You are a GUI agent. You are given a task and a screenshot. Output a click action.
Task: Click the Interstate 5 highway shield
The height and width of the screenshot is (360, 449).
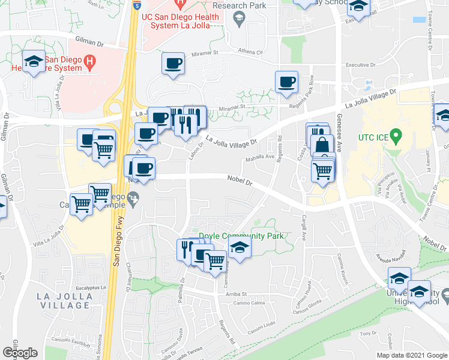[137, 5]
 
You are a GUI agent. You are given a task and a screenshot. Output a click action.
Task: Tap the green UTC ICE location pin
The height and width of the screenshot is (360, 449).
[395, 136]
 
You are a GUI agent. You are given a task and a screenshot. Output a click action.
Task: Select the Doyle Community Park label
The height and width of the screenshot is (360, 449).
[241, 236]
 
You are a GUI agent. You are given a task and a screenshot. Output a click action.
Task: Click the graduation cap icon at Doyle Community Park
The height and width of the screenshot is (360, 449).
[240, 247]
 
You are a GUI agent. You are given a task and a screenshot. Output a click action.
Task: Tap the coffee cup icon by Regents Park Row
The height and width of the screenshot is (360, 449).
[286, 82]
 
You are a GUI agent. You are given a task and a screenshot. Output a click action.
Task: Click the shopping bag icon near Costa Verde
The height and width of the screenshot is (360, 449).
[322, 145]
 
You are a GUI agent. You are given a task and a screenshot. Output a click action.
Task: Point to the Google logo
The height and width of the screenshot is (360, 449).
[20, 353]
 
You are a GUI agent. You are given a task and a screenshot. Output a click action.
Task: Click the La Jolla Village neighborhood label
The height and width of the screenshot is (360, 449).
[64, 301]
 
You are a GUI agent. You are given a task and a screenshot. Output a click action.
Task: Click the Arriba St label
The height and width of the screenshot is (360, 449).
[237, 295]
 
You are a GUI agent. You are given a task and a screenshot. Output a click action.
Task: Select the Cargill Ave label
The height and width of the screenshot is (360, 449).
[304, 227]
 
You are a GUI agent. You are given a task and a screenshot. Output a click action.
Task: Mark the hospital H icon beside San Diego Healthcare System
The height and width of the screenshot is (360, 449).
[89, 61]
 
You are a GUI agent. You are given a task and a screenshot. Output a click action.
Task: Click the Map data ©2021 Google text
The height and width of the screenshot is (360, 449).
[411, 355]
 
